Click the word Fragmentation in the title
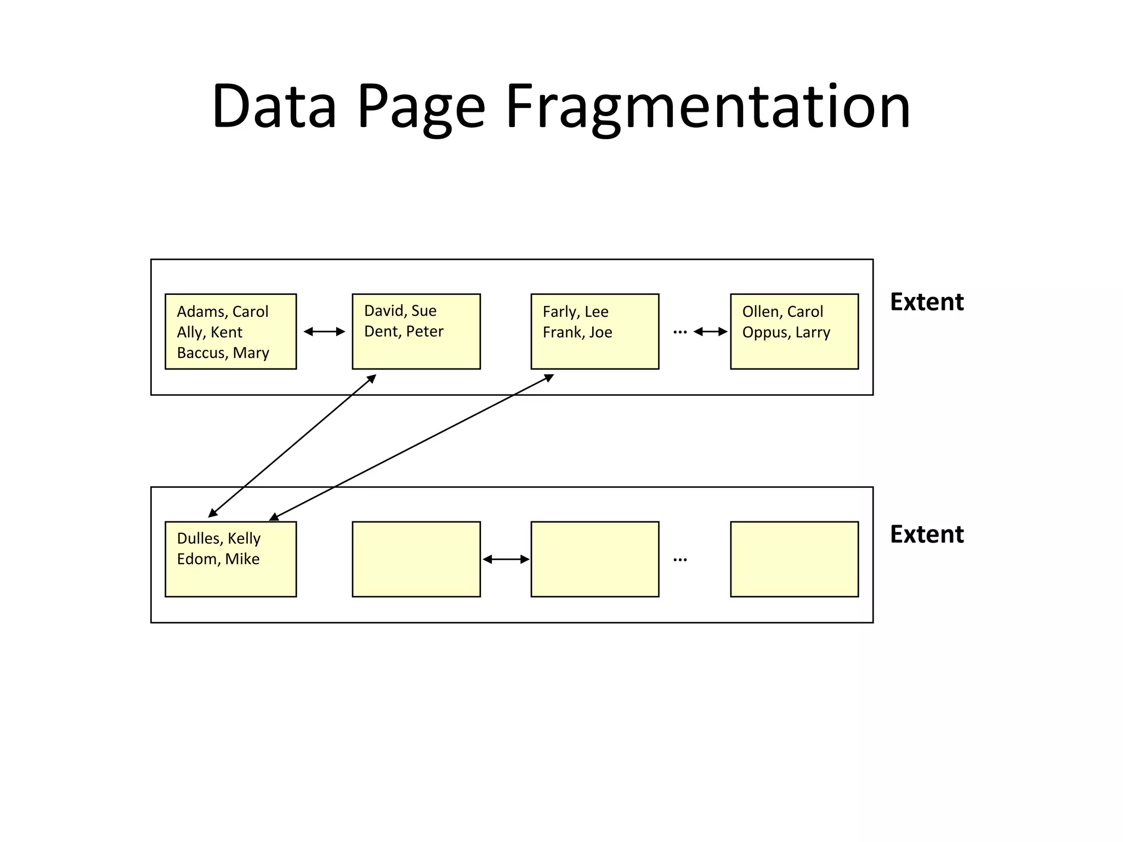point(707,107)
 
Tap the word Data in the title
point(274,107)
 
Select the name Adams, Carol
point(223,312)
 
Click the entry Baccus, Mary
point(223,353)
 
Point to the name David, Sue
point(400,311)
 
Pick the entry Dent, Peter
point(404,332)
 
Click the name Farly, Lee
point(575,312)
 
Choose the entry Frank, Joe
point(577,333)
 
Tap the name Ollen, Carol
point(782,312)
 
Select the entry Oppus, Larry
point(786,333)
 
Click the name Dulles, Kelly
point(218,538)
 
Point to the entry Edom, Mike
point(218,559)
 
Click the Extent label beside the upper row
point(927,302)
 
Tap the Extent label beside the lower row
point(927,534)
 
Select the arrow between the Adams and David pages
point(324,332)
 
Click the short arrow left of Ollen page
point(711,332)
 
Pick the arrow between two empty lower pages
point(506,559)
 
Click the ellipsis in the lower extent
point(680,560)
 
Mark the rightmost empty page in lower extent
point(794,559)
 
